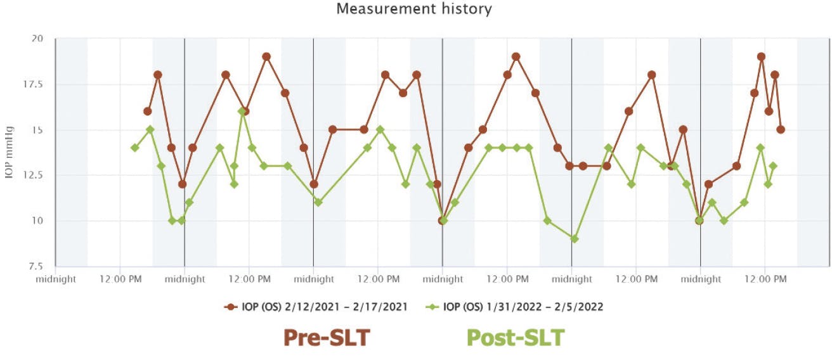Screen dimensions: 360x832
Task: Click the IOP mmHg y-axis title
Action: (x=10, y=153)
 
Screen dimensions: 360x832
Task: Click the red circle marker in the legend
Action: (x=230, y=307)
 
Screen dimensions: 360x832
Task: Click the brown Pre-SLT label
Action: (x=326, y=338)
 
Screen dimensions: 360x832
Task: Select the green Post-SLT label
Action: (x=515, y=338)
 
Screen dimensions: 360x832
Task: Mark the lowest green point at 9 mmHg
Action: (x=574, y=239)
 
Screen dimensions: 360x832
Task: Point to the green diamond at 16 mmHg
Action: (x=242, y=112)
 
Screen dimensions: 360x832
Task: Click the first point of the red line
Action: (x=147, y=112)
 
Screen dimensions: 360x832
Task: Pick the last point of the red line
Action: (x=781, y=130)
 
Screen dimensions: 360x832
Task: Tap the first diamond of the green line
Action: (x=134, y=148)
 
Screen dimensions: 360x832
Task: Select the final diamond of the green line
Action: (x=773, y=166)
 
